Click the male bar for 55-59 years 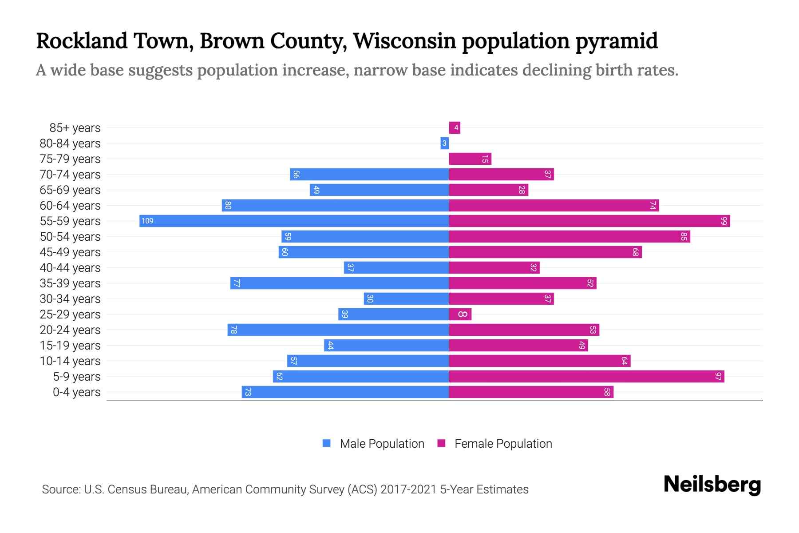pos(294,221)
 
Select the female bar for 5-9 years pos(586,377)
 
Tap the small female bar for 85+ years pos(455,128)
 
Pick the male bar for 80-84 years pos(444,143)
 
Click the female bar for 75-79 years pos(470,159)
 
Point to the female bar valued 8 pos(460,314)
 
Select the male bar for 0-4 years pos(345,392)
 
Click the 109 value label pos(147,221)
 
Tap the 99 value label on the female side pos(724,221)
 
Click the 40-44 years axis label pos(70,268)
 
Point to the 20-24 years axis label pos(70,330)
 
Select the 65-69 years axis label pos(70,190)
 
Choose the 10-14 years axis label pos(70,361)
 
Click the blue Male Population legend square pos(327,443)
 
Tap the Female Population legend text pos(503,444)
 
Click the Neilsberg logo pos(712,485)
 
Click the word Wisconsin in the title pos(404,41)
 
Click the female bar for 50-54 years pos(569,237)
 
